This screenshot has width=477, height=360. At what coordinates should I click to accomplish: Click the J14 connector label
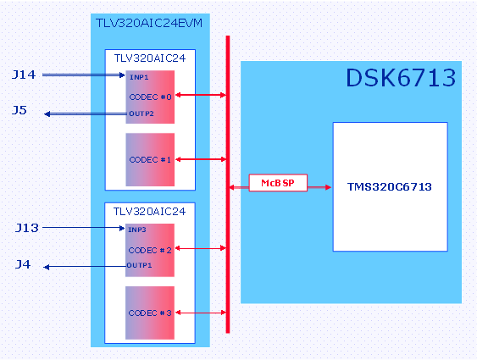point(24,75)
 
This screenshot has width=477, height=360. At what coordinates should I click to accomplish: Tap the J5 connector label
point(19,110)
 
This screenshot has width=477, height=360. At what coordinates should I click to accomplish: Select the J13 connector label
point(27,228)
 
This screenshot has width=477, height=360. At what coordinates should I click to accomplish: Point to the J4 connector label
point(23,264)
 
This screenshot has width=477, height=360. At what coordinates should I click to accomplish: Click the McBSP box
point(278,183)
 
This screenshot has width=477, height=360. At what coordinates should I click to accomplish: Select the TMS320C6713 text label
point(390,186)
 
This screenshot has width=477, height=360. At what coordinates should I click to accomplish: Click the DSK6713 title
point(401,78)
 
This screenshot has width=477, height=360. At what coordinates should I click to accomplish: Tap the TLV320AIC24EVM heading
point(149,23)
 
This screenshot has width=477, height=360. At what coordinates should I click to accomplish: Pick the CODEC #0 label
point(150,97)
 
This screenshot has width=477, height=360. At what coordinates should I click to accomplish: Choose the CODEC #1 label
point(150,159)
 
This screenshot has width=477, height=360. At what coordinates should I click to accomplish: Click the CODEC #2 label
point(150,250)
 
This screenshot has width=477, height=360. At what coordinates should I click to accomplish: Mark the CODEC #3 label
point(150,313)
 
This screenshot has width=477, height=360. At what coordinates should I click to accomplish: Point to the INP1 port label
point(139,77)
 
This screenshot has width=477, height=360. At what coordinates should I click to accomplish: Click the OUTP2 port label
point(141,114)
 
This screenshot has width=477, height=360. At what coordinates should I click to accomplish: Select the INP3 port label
point(137,230)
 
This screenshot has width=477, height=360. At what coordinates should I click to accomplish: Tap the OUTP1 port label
point(139,265)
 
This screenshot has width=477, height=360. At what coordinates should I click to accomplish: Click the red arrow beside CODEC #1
point(201,159)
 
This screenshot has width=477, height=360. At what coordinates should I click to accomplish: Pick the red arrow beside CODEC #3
point(201,313)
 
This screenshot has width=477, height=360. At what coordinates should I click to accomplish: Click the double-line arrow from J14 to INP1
point(84,75)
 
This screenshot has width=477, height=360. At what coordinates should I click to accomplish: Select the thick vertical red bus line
point(228,185)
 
